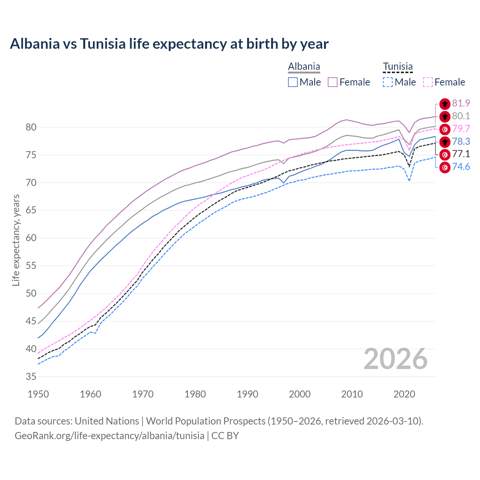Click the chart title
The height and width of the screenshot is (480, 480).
[x=169, y=44]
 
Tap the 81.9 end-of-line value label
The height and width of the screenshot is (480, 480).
[x=461, y=103]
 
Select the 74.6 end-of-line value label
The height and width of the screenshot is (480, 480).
[x=461, y=167]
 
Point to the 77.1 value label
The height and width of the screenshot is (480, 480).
[x=461, y=154]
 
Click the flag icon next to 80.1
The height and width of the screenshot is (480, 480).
[x=445, y=117]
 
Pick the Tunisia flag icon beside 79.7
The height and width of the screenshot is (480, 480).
[x=445, y=129]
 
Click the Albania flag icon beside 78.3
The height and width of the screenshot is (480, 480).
[x=445, y=142]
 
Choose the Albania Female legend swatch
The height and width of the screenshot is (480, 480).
[x=333, y=82]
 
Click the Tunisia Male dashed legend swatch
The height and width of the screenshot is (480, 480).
[x=388, y=82]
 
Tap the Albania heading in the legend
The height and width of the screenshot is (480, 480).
[x=304, y=67]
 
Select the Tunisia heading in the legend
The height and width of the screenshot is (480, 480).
[x=397, y=67]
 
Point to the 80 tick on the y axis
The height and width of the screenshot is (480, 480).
[x=31, y=127]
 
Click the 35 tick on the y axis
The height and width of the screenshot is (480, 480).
[x=31, y=377]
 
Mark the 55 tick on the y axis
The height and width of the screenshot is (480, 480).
[x=31, y=266]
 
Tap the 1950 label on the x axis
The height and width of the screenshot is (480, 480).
[x=39, y=394]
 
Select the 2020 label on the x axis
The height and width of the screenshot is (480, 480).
[x=404, y=394]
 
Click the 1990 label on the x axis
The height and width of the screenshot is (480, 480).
[x=247, y=394]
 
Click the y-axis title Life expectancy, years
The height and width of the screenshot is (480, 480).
[x=16, y=240]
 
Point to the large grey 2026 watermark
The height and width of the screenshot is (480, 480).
[x=396, y=359]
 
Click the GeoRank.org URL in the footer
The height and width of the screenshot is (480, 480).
[x=109, y=436]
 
